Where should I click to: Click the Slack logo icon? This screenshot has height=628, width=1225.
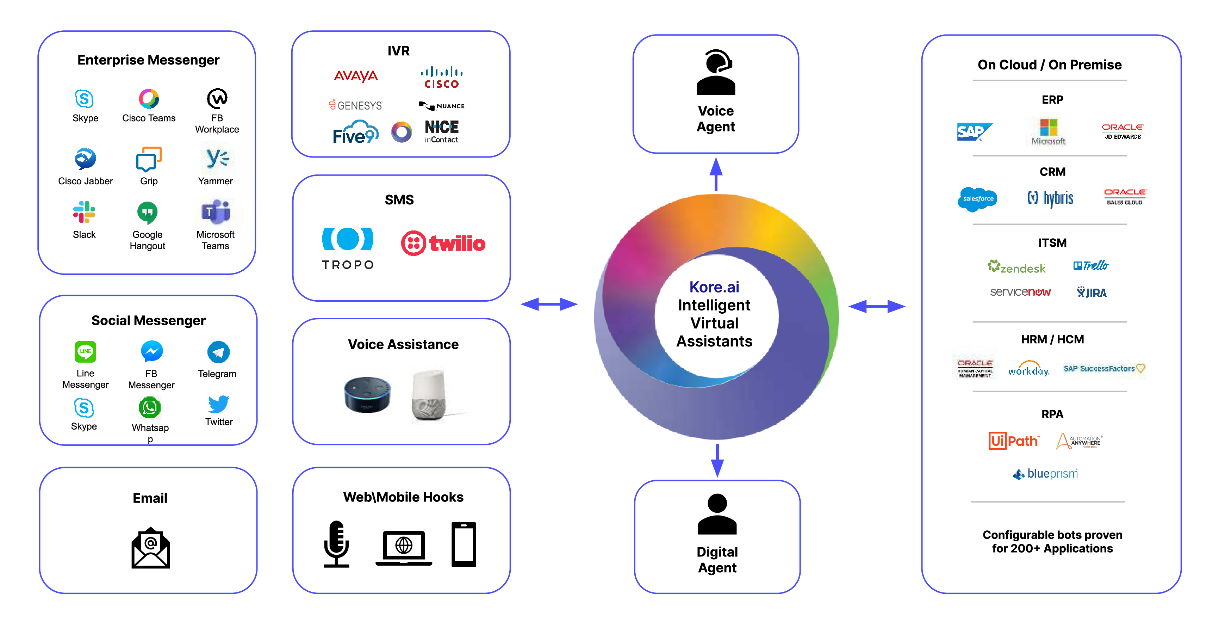click(x=84, y=212)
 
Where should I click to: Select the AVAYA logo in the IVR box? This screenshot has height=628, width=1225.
click(x=356, y=76)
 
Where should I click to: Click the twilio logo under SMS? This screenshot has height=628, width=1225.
click(x=443, y=243)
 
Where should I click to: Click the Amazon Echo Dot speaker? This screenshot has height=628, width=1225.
click(x=367, y=394)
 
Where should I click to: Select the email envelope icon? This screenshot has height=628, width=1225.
click(x=150, y=548)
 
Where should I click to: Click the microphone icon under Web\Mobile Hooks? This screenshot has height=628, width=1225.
click(x=336, y=544)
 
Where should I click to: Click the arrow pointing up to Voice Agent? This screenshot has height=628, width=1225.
click(x=716, y=174)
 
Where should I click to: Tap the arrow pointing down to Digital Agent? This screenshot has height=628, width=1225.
click(x=717, y=461)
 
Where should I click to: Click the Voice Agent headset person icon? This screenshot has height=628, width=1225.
click(x=716, y=73)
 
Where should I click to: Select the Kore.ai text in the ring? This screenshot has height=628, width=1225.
click(x=714, y=287)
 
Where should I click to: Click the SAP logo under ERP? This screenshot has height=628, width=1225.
click(x=974, y=131)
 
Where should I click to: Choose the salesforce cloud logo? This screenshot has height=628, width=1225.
click(x=977, y=199)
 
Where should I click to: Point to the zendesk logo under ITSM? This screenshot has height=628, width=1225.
click(x=1016, y=267)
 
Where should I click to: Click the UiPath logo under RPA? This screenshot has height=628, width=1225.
click(x=1013, y=441)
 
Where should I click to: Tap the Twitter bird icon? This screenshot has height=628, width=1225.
click(x=219, y=405)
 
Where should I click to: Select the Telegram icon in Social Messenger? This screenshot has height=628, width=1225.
click(x=218, y=352)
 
